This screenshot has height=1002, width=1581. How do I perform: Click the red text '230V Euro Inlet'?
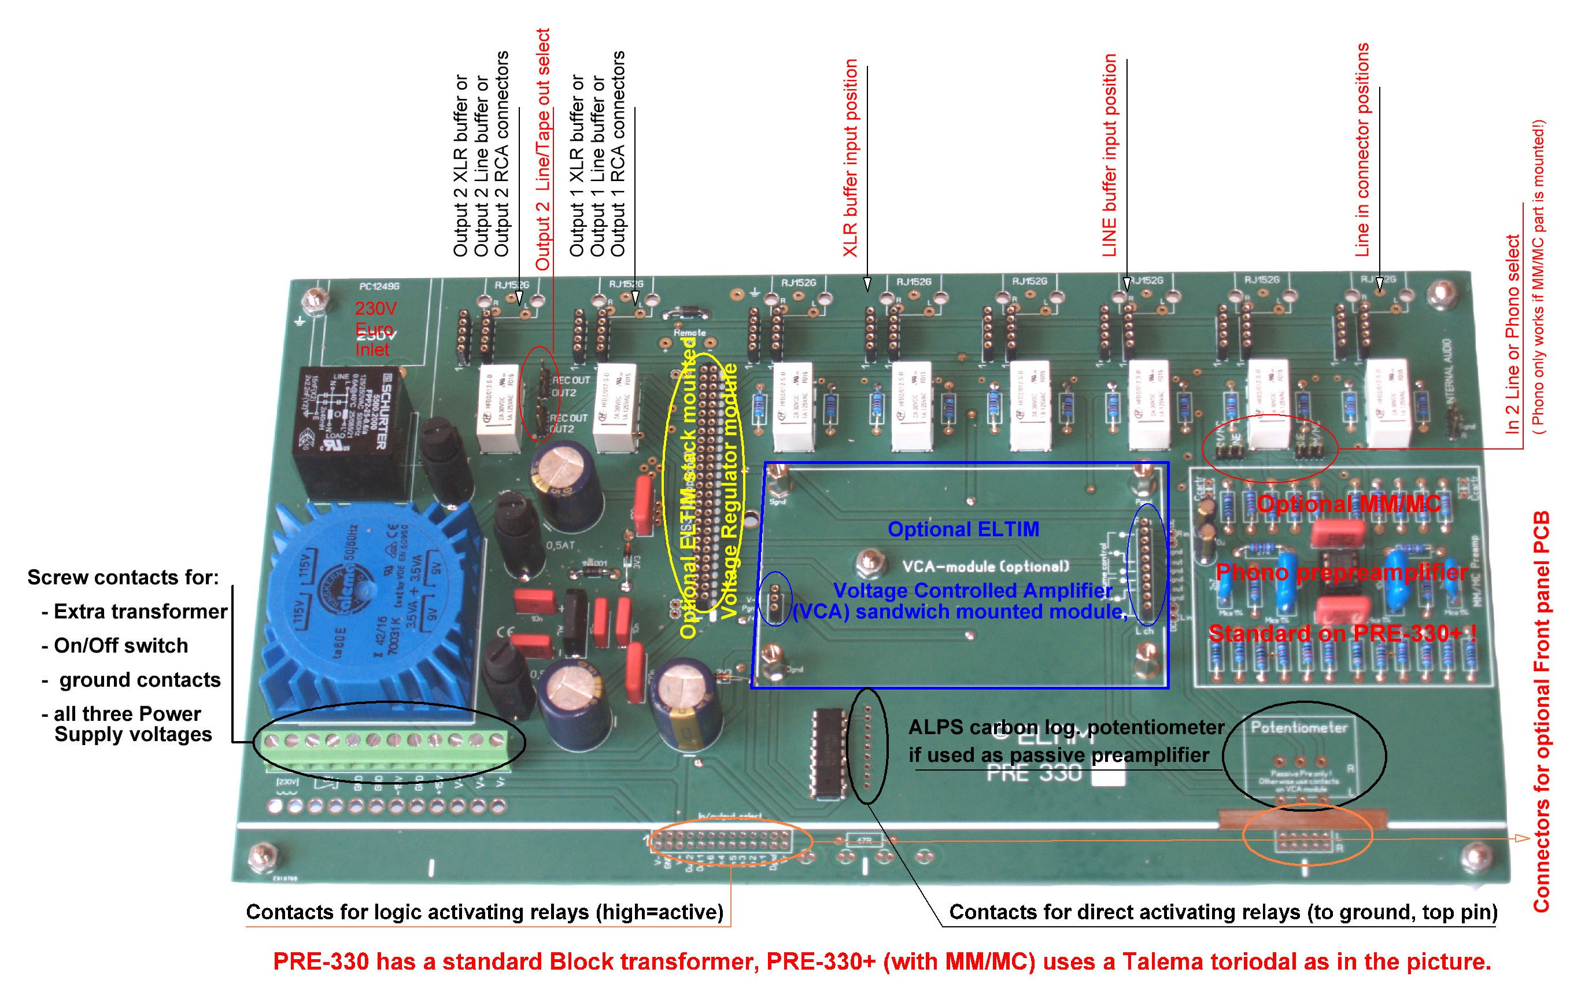375,329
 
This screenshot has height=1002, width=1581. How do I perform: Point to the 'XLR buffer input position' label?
850,158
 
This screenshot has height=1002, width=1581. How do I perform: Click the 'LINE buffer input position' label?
1109,155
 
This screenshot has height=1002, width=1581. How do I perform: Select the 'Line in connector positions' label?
1363,150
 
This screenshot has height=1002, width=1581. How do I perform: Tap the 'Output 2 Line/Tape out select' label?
543,150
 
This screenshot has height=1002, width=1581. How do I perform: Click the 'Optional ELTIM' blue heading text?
963,529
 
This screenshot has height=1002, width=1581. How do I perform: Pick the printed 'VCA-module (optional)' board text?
985,566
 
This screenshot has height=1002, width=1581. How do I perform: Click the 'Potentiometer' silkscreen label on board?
1299,728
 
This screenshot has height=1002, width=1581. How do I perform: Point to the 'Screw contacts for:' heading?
123,577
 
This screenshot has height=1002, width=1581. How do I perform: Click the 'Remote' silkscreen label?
689,333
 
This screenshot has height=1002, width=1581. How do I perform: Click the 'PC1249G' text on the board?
379,286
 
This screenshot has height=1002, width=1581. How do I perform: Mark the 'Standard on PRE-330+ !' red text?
1343,633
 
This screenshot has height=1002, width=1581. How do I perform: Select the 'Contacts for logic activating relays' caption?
485,912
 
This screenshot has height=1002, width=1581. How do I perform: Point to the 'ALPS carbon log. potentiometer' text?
1066,727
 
